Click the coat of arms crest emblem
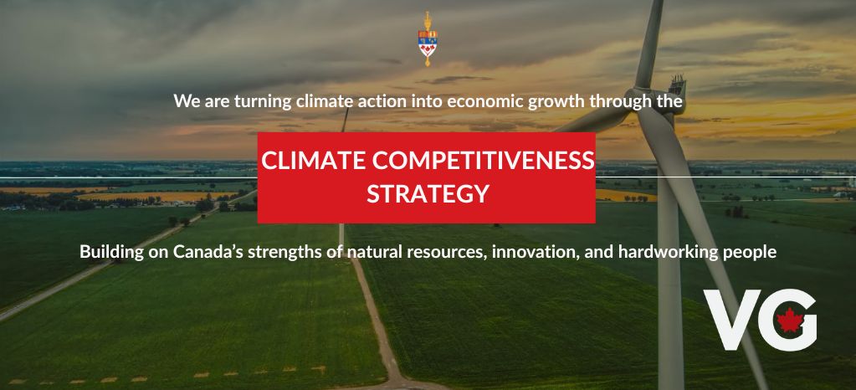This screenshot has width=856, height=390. click(x=428, y=38)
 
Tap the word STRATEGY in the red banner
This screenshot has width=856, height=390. click(x=428, y=194)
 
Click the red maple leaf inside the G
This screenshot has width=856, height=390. click(x=788, y=320)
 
